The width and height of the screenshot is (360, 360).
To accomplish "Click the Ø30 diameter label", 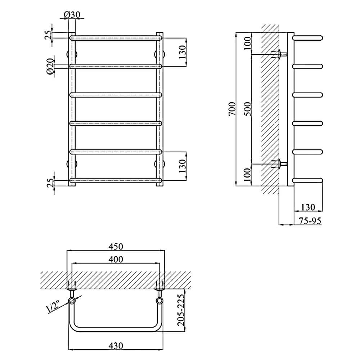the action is click(x=72, y=15).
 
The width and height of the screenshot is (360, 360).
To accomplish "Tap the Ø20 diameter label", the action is click(x=50, y=67).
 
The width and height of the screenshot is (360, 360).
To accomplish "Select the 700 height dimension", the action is click(x=232, y=109).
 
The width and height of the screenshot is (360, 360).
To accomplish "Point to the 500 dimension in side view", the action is click(x=248, y=109).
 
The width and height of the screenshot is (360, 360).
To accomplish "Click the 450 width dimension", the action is click(x=116, y=246).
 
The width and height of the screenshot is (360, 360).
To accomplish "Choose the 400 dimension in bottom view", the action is click(x=116, y=259).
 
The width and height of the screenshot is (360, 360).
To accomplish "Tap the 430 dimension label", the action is click(x=116, y=346).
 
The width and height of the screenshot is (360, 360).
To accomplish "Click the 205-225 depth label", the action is click(x=181, y=310).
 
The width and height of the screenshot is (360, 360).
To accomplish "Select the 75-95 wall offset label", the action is click(x=310, y=221).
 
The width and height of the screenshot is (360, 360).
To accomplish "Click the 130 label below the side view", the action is click(x=308, y=207).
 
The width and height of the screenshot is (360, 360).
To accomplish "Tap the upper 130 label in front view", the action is click(x=182, y=52).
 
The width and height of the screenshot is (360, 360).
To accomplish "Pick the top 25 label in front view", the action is click(x=49, y=35).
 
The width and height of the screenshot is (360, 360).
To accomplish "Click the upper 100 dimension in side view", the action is click(x=248, y=43).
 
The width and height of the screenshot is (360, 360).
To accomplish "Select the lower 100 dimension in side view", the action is click(x=248, y=175).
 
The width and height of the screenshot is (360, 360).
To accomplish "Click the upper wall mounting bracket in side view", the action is click(x=279, y=54).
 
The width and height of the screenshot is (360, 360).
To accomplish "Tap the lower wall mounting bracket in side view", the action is click(x=279, y=164).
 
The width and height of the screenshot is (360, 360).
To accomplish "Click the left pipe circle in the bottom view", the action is click(x=72, y=301).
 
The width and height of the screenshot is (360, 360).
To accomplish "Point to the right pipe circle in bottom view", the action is click(x=159, y=301).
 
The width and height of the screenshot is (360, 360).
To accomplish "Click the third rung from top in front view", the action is click(x=116, y=95).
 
